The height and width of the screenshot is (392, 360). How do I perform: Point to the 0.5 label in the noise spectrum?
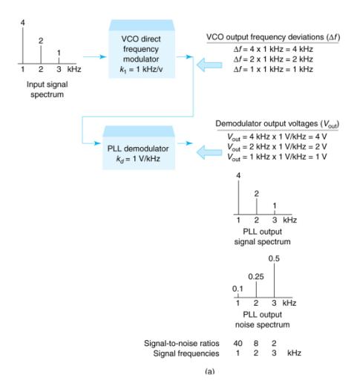275,258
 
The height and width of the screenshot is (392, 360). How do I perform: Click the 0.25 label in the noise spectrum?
256,276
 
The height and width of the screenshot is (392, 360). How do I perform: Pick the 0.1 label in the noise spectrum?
237,289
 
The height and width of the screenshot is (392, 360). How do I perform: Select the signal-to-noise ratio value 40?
238,343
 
